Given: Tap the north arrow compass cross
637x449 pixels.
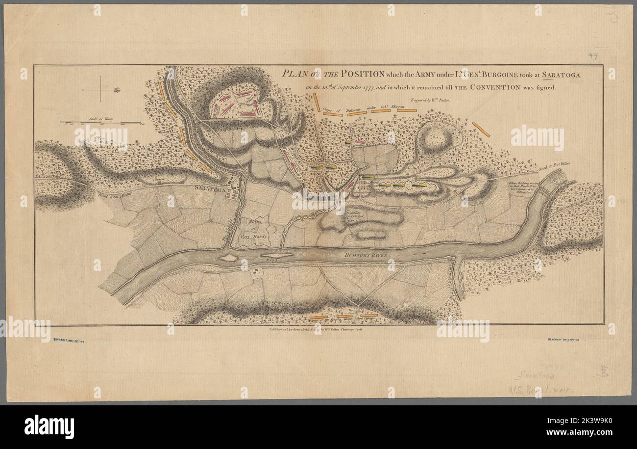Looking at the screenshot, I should pyautogui.click(x=101, y=90).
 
